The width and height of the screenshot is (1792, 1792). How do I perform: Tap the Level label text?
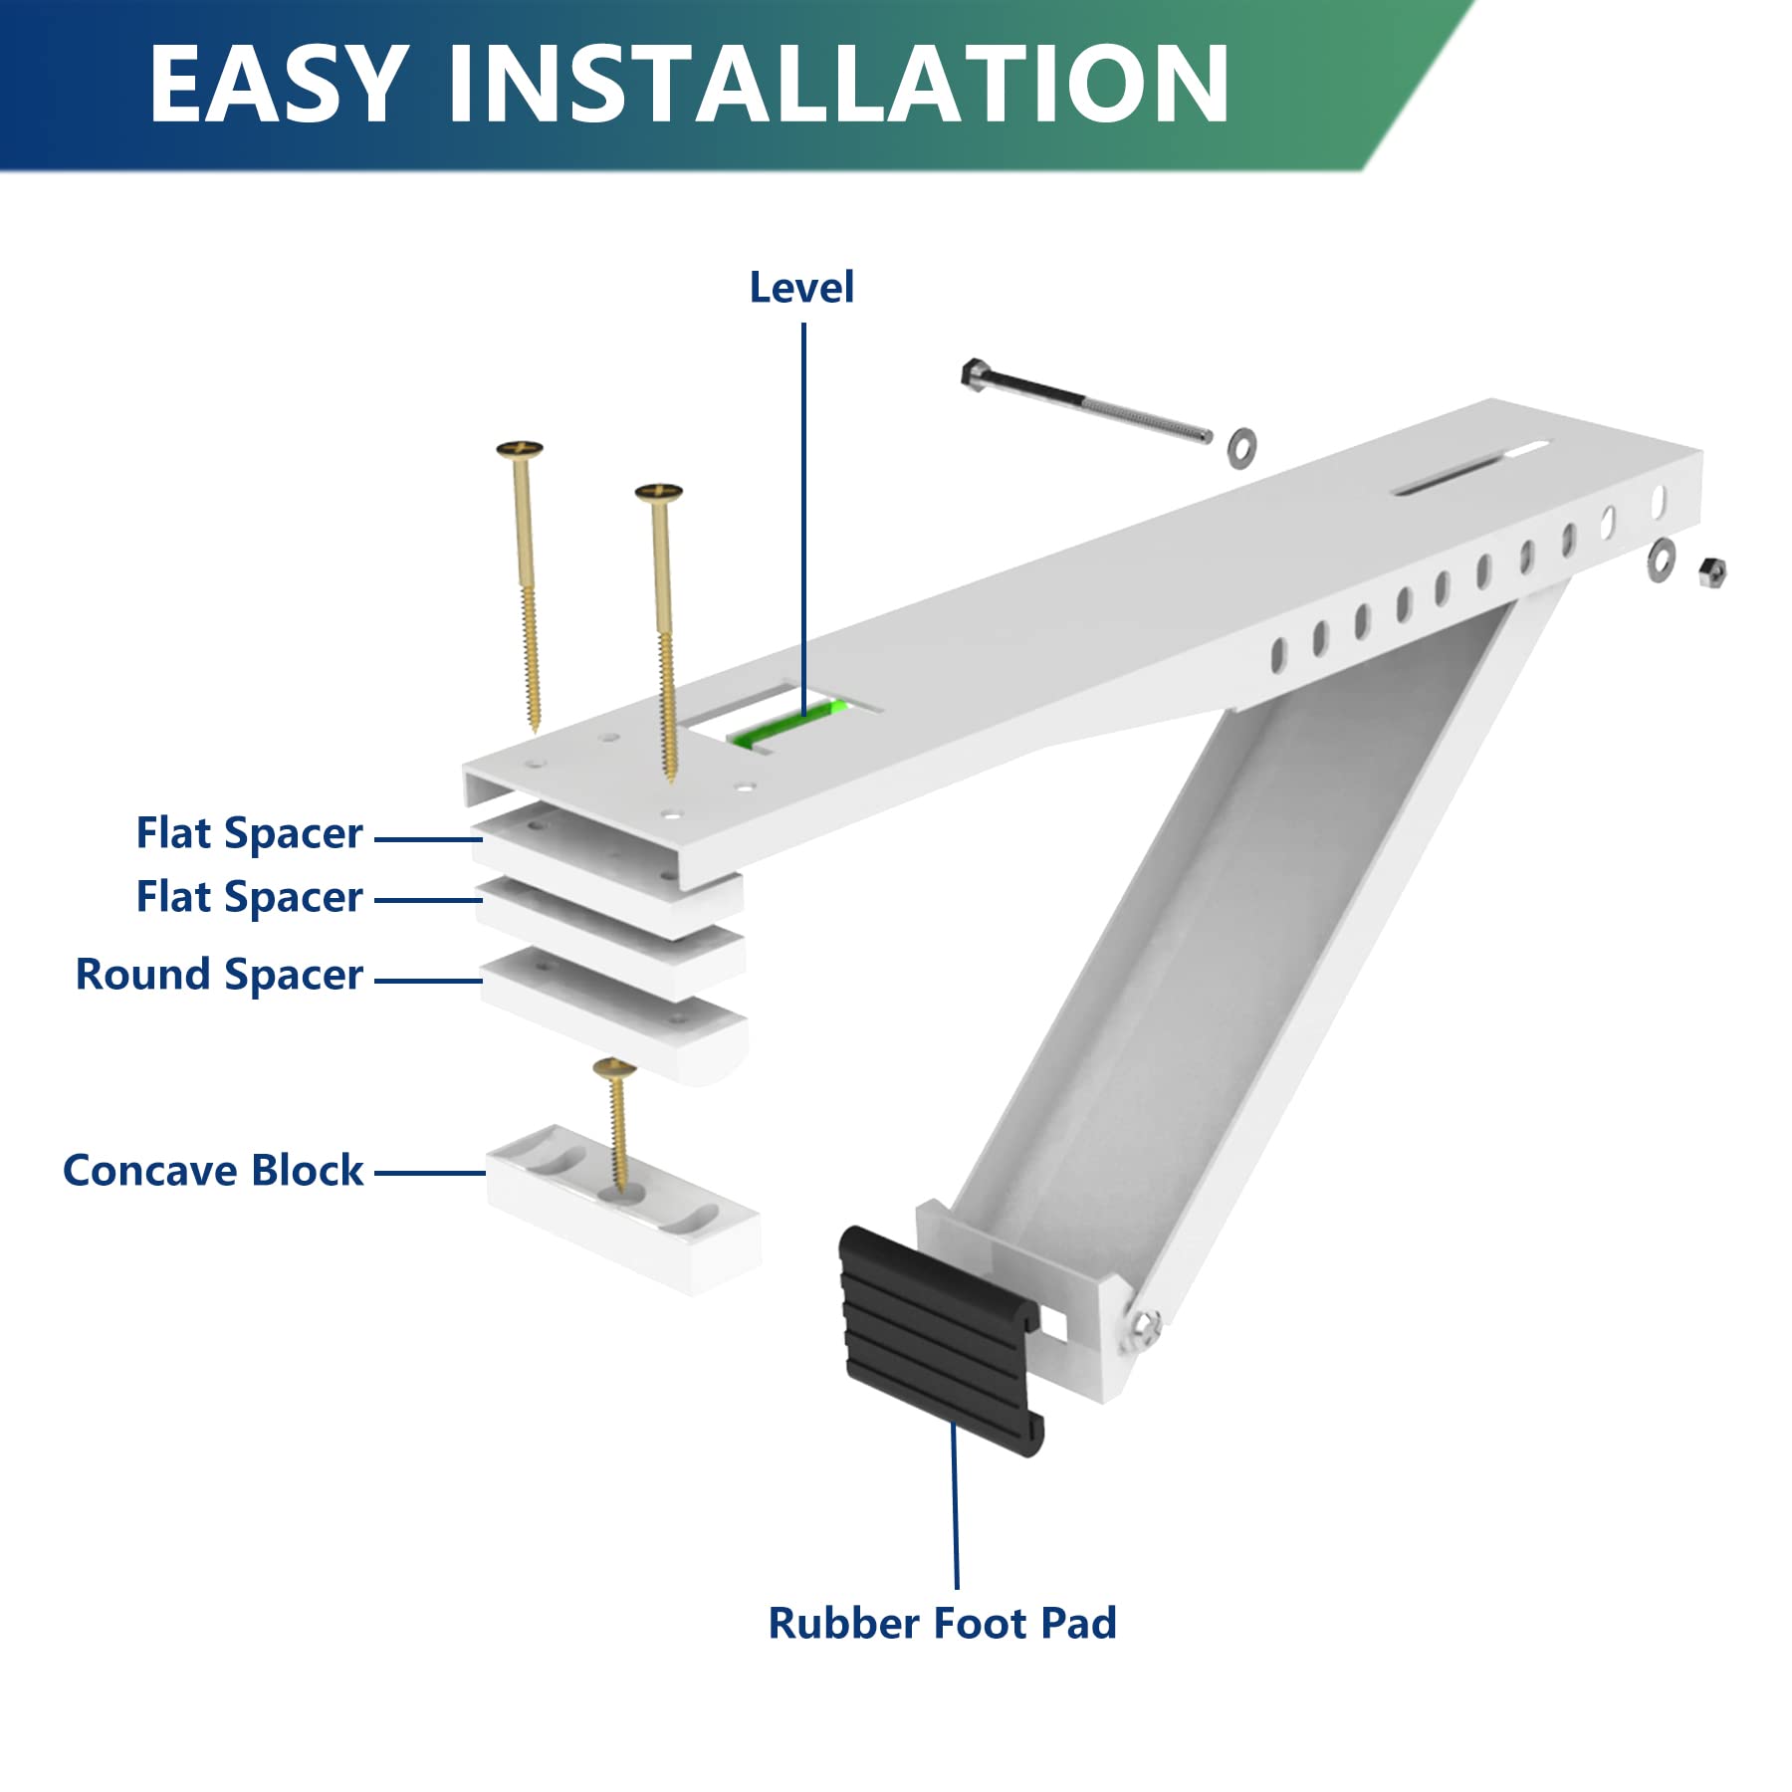(801, 288)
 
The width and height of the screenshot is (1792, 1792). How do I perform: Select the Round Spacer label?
(219, 975)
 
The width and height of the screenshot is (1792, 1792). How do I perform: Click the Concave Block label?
(212, 1171)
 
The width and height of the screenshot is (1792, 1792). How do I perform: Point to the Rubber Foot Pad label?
(942, 1624)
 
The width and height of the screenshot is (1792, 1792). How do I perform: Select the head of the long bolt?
(973, 372)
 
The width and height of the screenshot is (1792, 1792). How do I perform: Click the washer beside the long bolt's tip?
(1240, 447)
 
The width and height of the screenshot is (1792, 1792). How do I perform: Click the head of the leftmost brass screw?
(520, 450)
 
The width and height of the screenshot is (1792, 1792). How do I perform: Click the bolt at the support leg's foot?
(1145, 1324)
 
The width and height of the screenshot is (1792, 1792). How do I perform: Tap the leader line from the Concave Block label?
(429, 1173)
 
